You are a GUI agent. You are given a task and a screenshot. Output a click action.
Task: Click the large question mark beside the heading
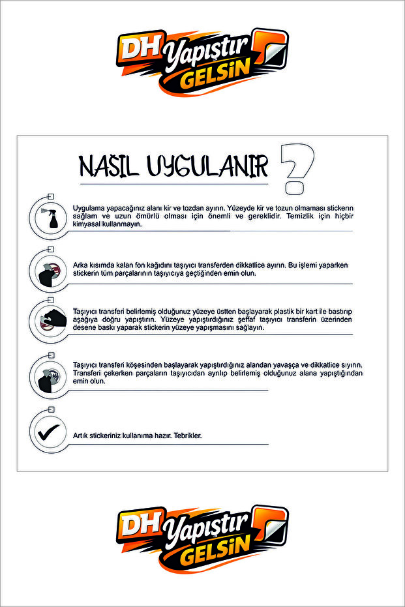point(298,168)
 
